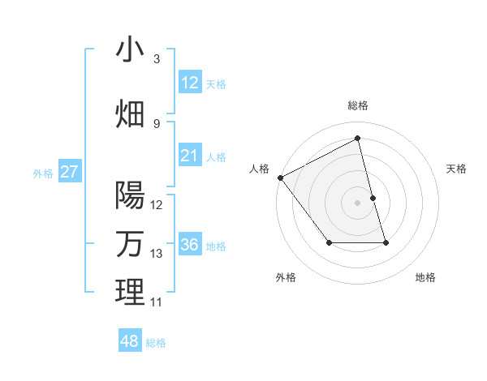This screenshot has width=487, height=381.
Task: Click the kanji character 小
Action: click(130, 50)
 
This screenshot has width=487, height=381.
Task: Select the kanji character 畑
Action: click(130, 114)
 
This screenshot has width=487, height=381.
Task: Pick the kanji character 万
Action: click(130, 243)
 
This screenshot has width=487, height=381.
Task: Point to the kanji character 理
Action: click(130, 292)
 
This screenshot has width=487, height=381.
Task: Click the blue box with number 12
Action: click(190, 83)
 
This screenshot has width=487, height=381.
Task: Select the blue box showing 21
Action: click(190, 156)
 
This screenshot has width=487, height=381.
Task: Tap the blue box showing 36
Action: click(190, 245)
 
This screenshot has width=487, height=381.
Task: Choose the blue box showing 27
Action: click(70, 172)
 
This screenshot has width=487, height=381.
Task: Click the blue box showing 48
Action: click(130, 341)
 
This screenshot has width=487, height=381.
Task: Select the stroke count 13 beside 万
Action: click(157, 254)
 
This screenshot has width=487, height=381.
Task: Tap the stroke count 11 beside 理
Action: click(157, 302)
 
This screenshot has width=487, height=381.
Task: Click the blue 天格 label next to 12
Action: click(216, 83)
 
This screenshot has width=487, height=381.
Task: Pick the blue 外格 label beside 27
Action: click(43, 173)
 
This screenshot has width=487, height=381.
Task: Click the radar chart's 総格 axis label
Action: click(358, 105)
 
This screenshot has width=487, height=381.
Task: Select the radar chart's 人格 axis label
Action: click(260, 168)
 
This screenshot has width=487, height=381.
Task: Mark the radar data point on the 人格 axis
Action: click(280, 178)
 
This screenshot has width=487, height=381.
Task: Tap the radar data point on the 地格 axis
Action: click(386, 242)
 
